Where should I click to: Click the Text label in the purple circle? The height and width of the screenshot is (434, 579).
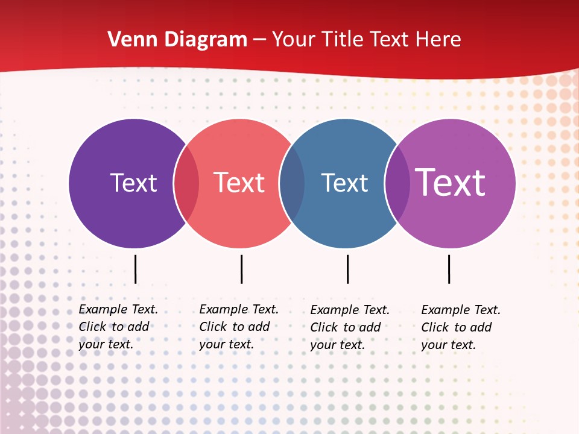133,183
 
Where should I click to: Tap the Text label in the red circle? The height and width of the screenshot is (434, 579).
239,183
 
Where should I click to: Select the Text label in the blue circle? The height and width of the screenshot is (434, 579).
344,183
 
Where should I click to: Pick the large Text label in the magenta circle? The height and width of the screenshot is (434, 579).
451,182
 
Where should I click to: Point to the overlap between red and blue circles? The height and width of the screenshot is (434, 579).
292,183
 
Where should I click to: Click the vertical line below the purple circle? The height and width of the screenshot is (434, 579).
136,269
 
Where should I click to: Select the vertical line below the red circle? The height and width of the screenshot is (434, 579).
241,269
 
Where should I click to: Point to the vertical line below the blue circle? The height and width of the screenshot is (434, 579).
347,269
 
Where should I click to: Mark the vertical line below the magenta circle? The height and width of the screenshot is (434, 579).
449,269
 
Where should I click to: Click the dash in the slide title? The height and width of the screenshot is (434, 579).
259,40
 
